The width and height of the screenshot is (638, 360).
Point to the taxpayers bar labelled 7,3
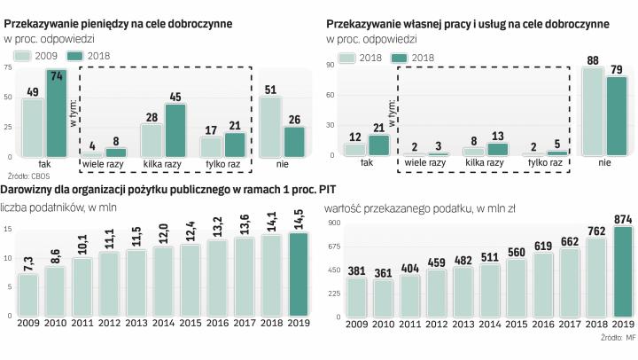[x=29, y=294]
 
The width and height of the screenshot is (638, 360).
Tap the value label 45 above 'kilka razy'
[x=175, y=98]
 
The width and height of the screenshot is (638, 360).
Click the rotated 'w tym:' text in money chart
[x=74, y=114]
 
